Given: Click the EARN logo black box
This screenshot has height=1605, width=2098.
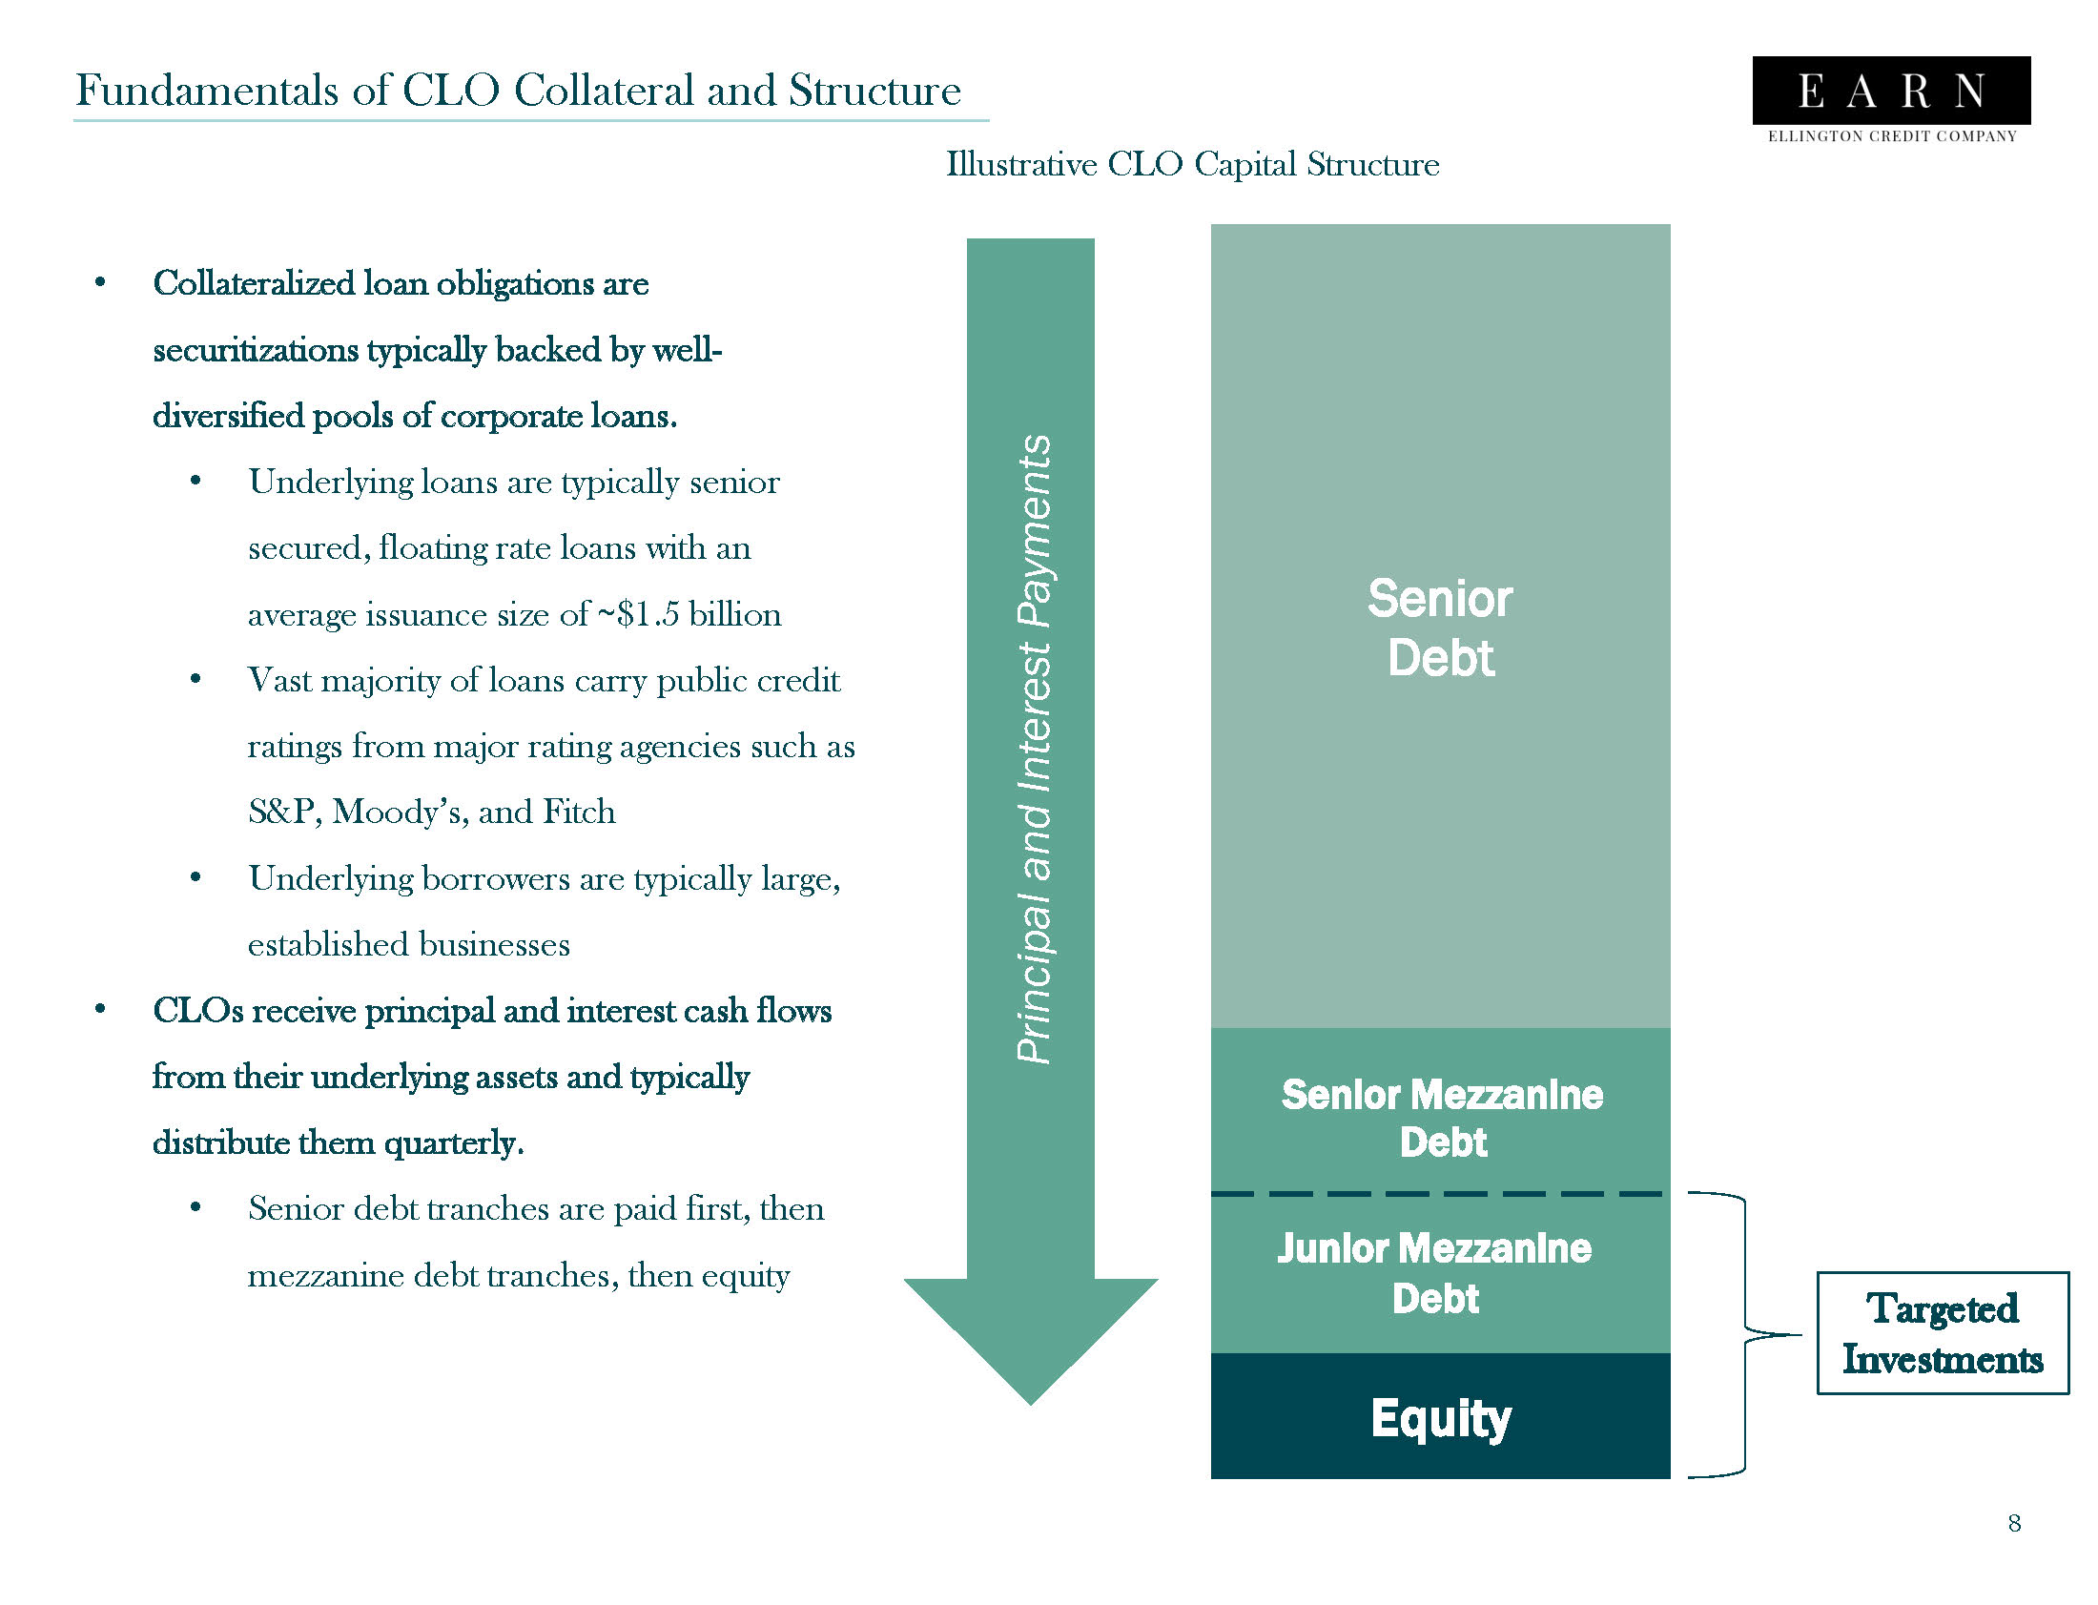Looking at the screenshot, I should point(1891,90).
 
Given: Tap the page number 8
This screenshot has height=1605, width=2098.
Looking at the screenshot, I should point(2014,1523).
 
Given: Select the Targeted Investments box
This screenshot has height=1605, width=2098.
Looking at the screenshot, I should point(1942,1332).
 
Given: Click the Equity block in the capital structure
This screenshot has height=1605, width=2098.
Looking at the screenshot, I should point(1440,1417).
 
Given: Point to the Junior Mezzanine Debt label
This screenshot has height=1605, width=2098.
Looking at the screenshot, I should point(1434,1272).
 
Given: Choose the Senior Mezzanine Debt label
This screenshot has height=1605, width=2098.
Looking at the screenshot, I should point(1442,1118).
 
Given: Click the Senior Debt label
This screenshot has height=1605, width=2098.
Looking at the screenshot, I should point(1440,628).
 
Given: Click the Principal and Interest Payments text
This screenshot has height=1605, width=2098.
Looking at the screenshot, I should point(1034,750).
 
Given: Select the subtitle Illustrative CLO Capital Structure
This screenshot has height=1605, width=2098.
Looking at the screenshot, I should point(1192,164).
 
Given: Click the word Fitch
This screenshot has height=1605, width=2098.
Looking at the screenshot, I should point(579,813).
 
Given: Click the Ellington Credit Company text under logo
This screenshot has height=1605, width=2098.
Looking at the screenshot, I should point(1892,136).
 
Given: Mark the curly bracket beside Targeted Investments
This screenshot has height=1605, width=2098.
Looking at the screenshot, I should point(1744,1333).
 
